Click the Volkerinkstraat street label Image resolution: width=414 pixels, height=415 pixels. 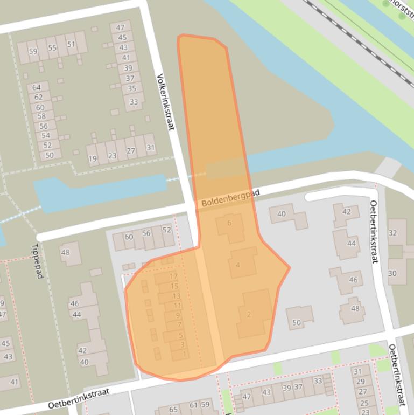tap(165, 102)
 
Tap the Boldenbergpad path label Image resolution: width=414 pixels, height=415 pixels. tap(230, 198)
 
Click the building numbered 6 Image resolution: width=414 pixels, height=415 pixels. tap(230, 223)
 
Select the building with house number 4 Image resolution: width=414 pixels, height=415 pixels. tap(238, 265)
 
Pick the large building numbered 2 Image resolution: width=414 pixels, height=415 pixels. tap(249, 314)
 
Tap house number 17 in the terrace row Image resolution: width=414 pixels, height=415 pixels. tap(173, 276)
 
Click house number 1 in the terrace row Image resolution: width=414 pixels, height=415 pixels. tap(185, 354)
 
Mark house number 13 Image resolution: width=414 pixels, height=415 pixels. tap(176, 296)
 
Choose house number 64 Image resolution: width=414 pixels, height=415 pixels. tap(37, 87)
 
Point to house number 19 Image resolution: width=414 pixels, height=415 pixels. tap(93, 159)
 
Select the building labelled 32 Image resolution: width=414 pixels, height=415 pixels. tap(392, 233)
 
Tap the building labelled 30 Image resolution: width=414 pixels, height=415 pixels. tap(392, 273)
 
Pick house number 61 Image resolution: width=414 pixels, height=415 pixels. tap(193, 405)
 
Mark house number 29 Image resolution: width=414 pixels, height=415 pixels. tap(361, 382)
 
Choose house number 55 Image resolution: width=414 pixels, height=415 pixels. tap(52, 48)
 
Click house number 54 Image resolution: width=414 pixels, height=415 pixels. tap(45, 136)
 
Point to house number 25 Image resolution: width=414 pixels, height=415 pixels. tap(364, 403)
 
